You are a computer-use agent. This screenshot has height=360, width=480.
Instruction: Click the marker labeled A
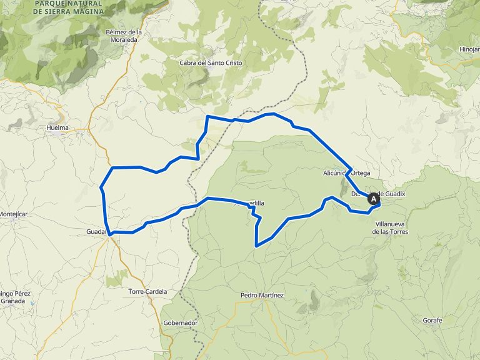pos(374,199)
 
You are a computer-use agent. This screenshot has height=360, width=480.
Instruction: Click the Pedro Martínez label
pos(262,295)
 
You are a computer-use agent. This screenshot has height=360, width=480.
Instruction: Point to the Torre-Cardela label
pos(147,292)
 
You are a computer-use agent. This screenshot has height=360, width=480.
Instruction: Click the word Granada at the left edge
pos(12,301)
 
